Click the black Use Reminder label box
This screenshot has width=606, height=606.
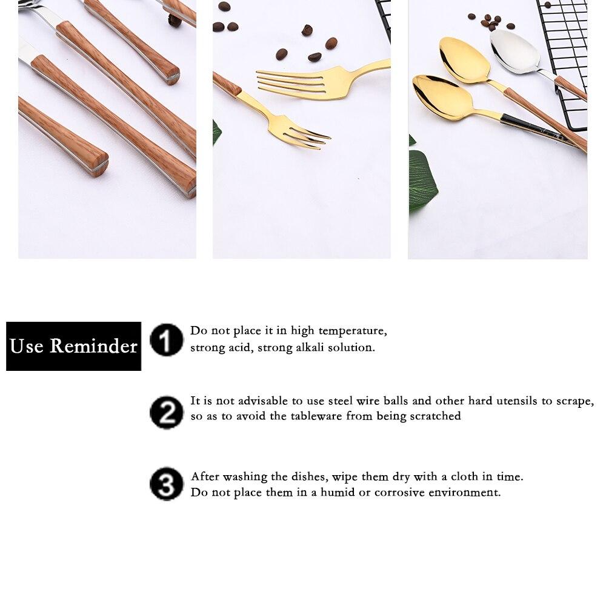click(x=73, y=346)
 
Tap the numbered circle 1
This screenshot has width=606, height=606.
click(x=166, y=339)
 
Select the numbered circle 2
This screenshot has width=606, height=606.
click(x=166, y=412)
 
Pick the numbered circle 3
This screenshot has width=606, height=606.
click(x=166, y=484)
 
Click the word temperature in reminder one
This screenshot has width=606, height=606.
click(x=352, y=331)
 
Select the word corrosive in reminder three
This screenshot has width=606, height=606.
click(x=399, y=493)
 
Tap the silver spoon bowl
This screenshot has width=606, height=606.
click(x=514, y=52)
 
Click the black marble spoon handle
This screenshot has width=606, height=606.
click(x=533, y=128)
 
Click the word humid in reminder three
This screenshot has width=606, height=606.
click(x=338, y=493)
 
